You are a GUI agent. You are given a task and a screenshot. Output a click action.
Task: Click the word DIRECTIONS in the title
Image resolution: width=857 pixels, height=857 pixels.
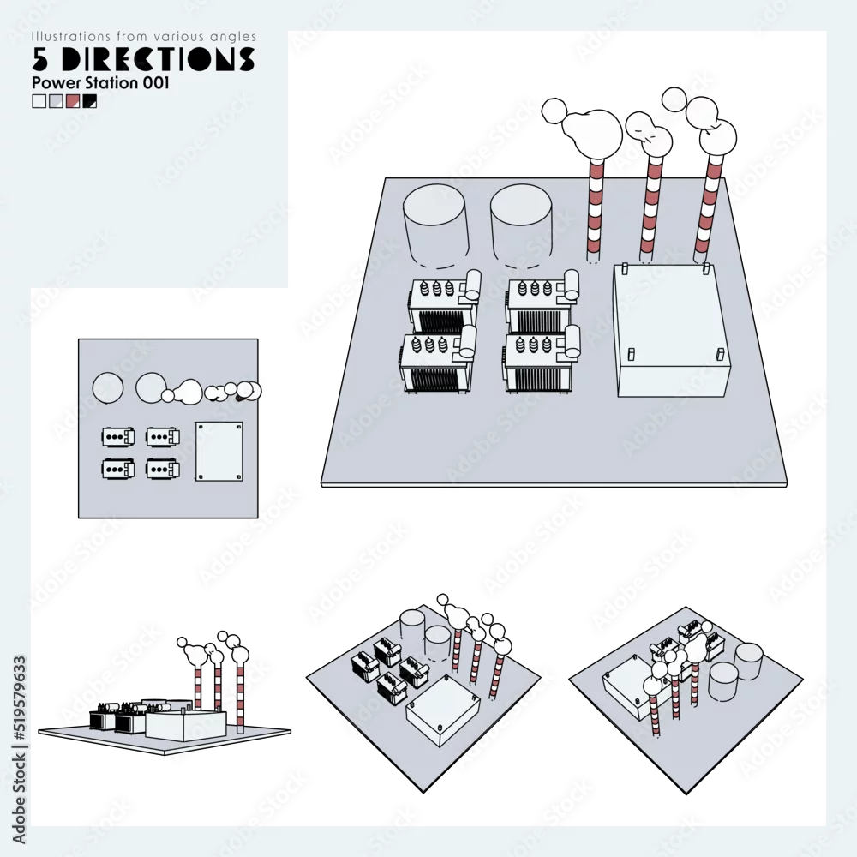(158, 59)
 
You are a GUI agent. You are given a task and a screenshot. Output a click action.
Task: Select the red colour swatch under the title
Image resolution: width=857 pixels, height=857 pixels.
(73, 101)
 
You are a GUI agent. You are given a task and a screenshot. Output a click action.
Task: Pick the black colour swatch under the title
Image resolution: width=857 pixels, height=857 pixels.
(90, 101)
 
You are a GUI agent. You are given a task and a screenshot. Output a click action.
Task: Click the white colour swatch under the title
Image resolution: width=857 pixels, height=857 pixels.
(39, 101)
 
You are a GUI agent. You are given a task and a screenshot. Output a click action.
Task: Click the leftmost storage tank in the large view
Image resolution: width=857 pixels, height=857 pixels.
(435, 226)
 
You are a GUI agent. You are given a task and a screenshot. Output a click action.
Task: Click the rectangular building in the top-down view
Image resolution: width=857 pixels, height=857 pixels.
(219, 452)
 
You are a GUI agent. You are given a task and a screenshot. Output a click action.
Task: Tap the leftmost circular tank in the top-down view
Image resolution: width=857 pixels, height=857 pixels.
(108, 388)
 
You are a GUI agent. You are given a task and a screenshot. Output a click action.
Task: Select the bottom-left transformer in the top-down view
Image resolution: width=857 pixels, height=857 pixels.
(118, 469)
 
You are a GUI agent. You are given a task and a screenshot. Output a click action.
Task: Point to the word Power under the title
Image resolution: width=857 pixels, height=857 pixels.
(54, 83)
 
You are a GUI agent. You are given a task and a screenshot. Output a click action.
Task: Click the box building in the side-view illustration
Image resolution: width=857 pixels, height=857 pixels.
(186, 725)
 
